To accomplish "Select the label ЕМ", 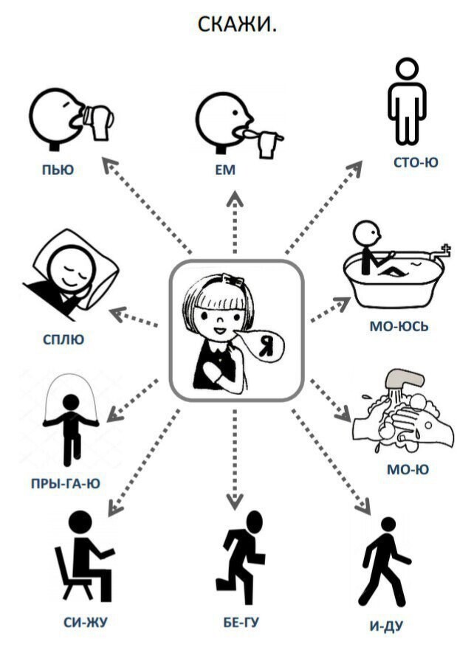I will coord(225,170).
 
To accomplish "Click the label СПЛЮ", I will coord(63,339).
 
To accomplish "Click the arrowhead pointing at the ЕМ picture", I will coord(234,200).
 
